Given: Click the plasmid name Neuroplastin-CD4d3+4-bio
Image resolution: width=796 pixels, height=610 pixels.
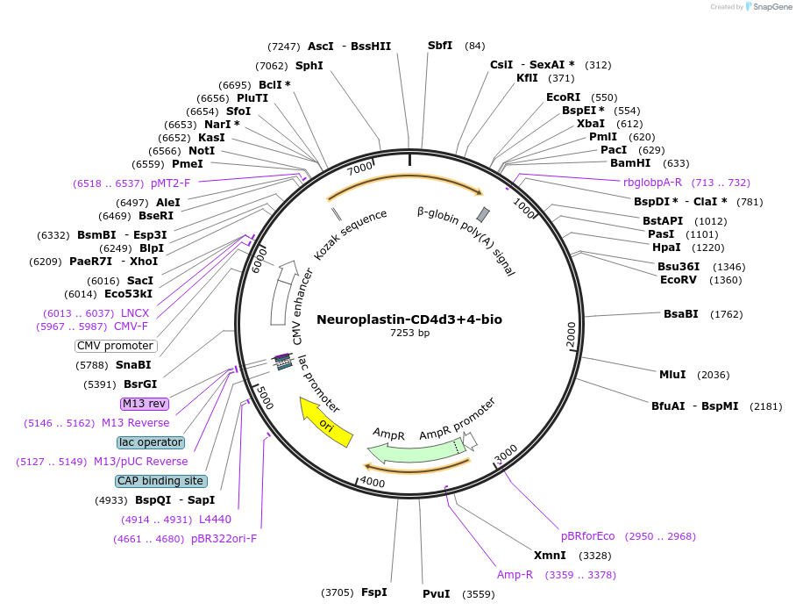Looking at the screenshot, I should pos(409,319).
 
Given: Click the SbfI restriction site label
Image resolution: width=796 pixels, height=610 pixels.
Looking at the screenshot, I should pos(440,46).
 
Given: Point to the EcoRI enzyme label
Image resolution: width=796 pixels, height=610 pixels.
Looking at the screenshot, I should pos(563,97).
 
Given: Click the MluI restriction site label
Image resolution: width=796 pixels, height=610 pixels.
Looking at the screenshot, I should pos(672,375).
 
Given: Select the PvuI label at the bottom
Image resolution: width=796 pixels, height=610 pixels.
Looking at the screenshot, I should pos(436,594).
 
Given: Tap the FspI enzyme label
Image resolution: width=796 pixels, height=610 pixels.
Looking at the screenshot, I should pos(374,592).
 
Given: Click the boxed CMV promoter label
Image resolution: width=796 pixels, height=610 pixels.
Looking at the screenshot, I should pos(116,346).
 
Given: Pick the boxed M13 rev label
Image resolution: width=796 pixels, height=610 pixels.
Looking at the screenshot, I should pos(145,404).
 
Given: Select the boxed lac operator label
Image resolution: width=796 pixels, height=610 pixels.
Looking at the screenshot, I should pos(151,442).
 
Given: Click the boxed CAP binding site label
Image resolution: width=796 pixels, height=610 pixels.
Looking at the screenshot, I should pos(161,481).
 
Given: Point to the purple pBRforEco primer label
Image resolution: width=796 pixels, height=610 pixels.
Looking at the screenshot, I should pos(588,535).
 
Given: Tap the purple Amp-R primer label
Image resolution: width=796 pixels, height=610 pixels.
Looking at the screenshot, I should pos(515,575).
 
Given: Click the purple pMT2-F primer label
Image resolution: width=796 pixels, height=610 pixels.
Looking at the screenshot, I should pos(170,183).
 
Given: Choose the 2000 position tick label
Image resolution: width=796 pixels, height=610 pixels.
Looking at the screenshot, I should pos(572,334).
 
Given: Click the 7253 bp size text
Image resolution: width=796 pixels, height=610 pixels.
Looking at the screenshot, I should pos(409,334).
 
